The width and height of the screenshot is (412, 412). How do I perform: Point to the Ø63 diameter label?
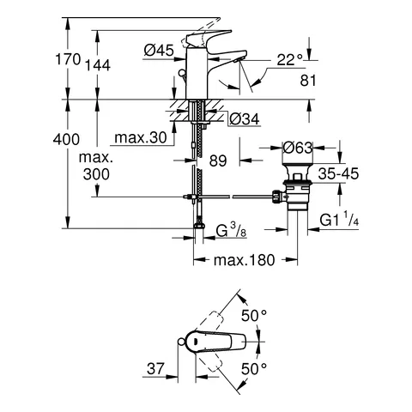(296, 147)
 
